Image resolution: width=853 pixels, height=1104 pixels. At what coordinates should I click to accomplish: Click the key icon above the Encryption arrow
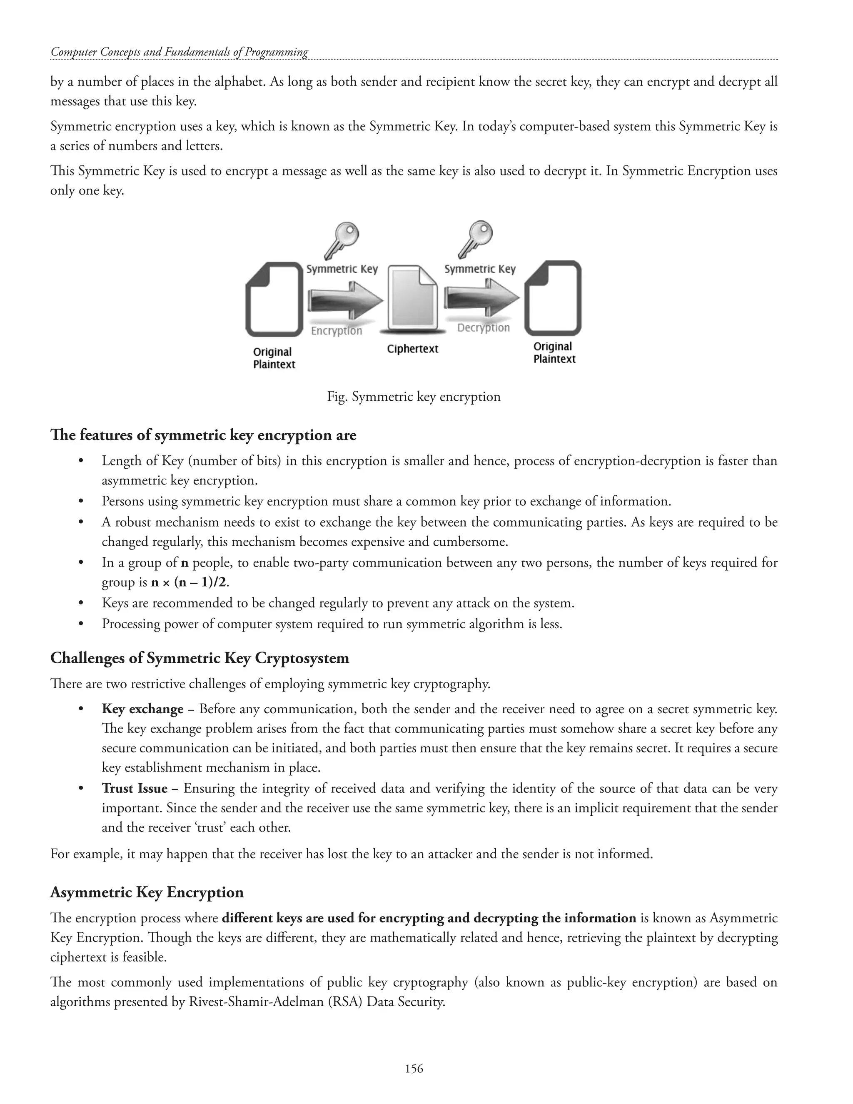342,240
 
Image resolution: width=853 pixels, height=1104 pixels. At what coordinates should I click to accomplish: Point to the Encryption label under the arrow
336,331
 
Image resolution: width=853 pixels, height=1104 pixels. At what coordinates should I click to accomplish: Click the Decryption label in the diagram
483,327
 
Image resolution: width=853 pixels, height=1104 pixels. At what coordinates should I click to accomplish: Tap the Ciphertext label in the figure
412,349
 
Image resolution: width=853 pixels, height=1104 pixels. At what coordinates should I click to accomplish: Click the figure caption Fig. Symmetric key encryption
413,397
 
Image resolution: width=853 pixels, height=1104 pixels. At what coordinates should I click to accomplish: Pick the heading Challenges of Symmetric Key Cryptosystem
200,658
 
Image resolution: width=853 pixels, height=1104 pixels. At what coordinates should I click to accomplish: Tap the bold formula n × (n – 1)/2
190,582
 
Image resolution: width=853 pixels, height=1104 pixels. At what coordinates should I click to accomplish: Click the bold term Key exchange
142,709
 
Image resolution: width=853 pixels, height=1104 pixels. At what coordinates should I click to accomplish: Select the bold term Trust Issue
135,789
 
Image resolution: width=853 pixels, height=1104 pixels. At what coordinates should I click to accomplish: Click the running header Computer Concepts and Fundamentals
180,52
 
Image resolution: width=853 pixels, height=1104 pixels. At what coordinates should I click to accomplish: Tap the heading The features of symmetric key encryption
203,435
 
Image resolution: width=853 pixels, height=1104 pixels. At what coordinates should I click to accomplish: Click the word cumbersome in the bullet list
476,542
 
